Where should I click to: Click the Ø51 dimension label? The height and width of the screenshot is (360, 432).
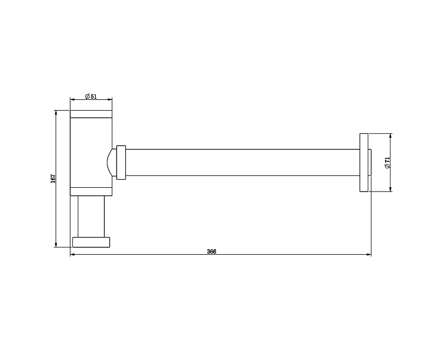pos(91,97)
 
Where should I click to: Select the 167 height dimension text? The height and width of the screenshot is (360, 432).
pos(53,179)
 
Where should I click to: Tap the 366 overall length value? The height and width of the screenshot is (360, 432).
pos(212,252)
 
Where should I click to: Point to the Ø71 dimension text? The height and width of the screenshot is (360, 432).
pos(387,163)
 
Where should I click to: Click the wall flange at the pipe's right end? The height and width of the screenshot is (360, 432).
pos(364,162)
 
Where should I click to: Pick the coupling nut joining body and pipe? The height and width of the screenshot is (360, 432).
pos(121,162)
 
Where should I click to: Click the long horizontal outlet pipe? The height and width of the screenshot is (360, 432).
pos(242,162)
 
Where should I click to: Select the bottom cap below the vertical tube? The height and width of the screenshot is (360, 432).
pos(91,242)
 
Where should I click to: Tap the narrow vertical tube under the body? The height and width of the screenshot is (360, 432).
pos(91,216)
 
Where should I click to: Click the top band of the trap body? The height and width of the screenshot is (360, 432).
pos(91,114)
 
